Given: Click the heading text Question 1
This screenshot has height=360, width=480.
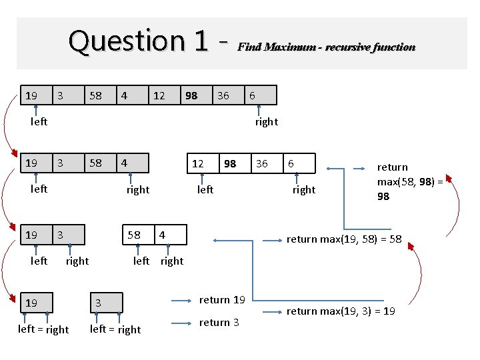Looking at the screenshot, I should click(x=139, y=41).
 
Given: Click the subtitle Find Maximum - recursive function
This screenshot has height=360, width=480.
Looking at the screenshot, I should click(x=326, y=47).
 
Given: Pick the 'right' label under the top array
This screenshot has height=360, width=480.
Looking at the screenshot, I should click(x=266, y=121).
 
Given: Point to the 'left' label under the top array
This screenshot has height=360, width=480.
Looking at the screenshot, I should click(x=39, y=121).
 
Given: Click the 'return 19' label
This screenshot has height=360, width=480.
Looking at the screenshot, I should click(x=222, y=300).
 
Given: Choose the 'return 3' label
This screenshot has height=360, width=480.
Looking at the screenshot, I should click(x=219, y=323).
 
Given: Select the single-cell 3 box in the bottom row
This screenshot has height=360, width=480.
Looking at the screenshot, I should click(x=106, y=303).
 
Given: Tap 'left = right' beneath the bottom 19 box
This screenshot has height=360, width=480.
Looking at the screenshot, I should click(x=43, y=329).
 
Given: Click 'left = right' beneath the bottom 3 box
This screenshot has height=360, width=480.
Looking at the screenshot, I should click(x=115, y=329).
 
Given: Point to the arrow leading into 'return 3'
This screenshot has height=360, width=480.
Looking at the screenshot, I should click(x=181, y=323).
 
